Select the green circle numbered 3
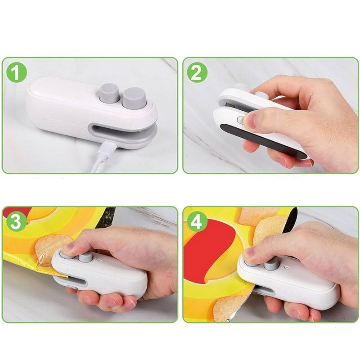point(16,222)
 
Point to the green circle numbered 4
point(197,222)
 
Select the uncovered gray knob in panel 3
point(85,257)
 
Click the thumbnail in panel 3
point(68,247)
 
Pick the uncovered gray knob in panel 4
point(271,264)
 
